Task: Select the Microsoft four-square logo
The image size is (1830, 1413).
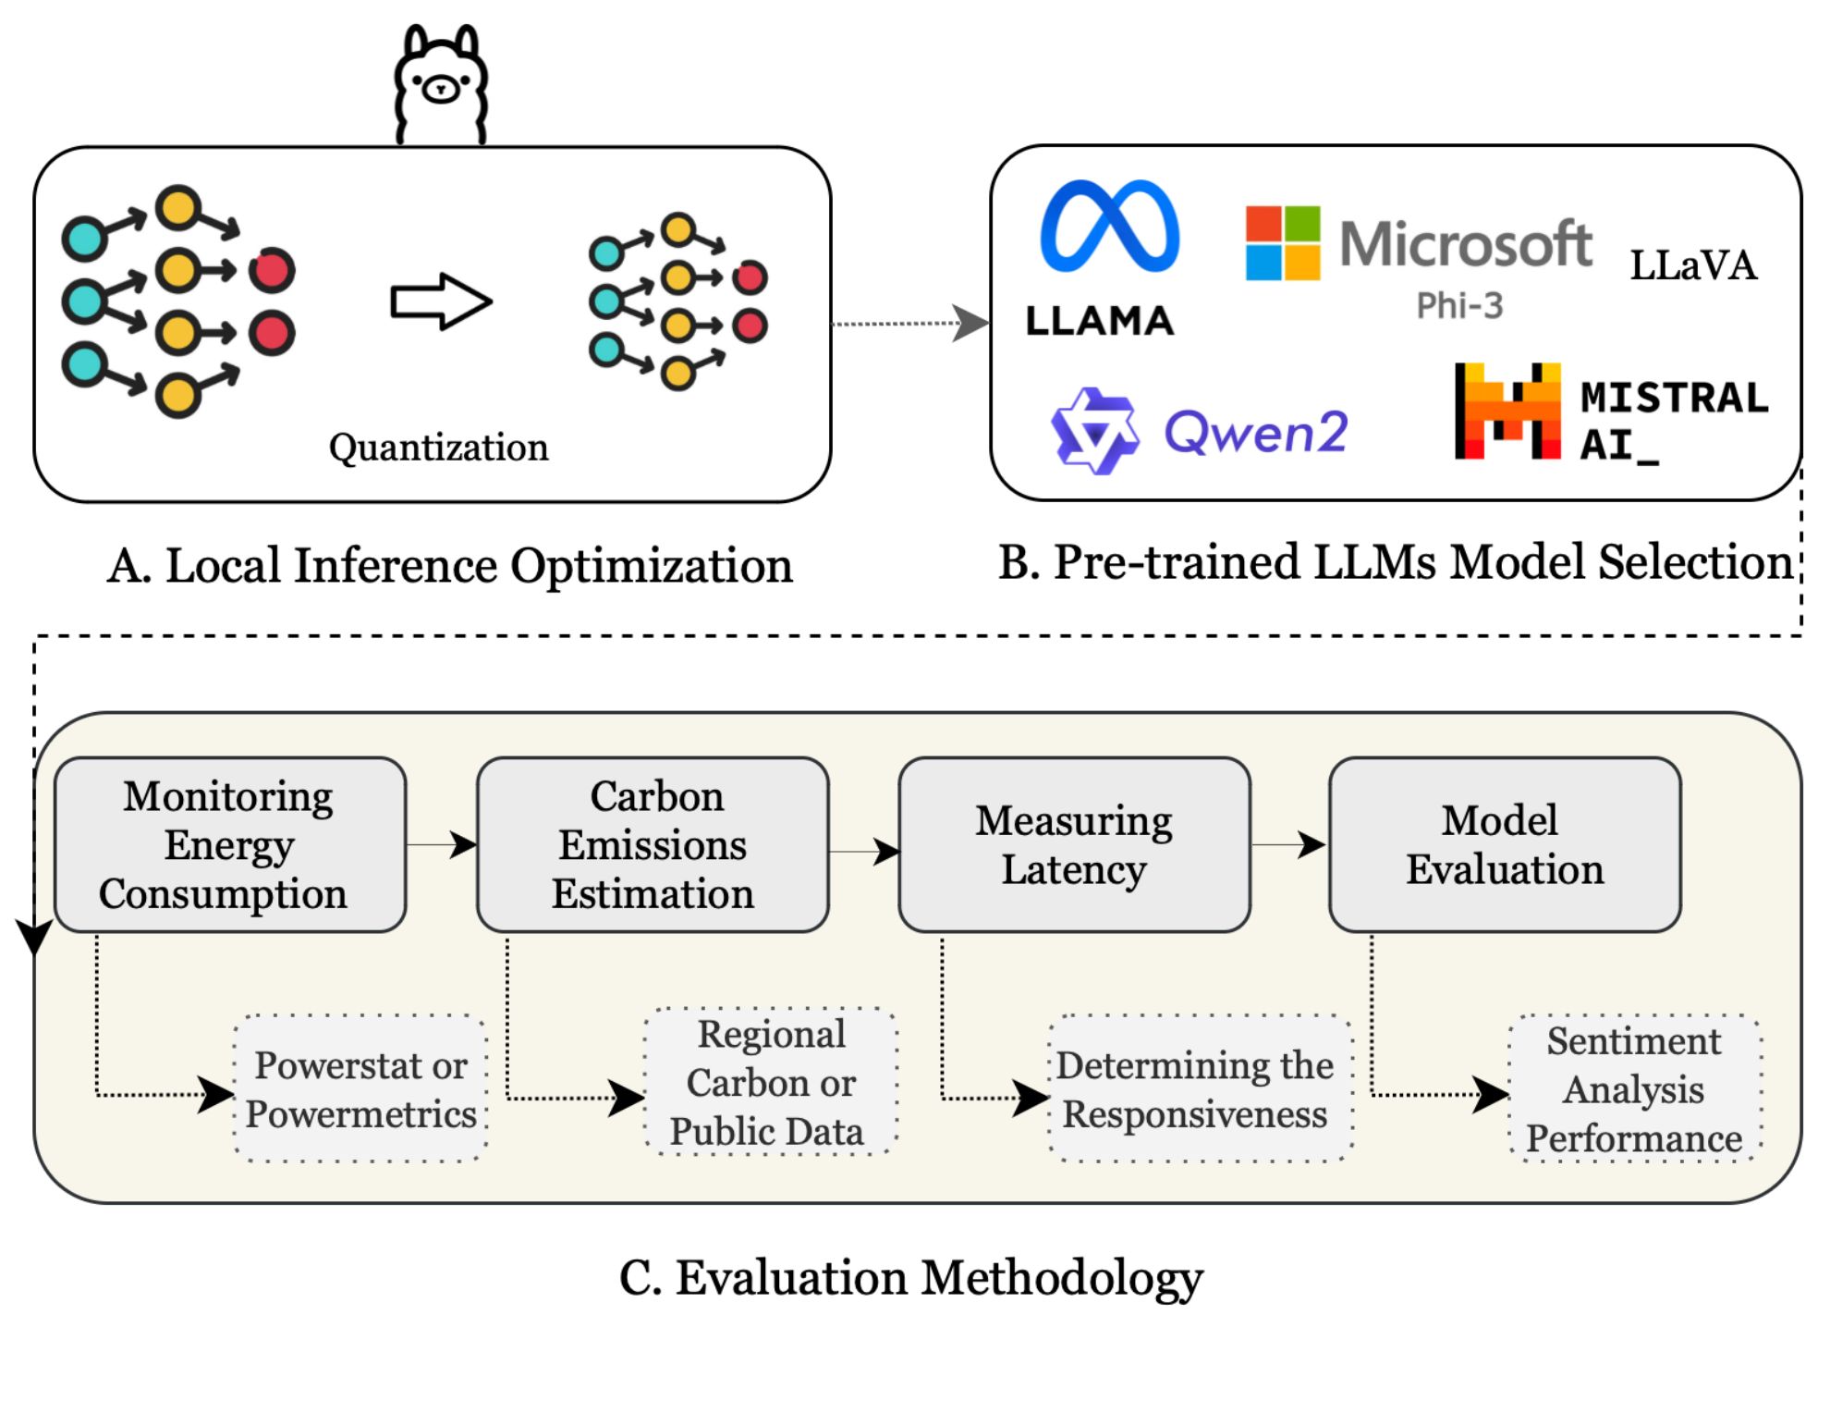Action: [1282, 242]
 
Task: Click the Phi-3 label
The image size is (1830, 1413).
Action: [1459, 305]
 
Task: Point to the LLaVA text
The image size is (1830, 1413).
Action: [1692, 265]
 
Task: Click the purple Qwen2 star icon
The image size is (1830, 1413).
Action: [1095, 431]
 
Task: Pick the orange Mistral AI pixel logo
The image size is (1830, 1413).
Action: [1507, 412]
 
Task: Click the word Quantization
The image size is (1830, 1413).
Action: [438, 448]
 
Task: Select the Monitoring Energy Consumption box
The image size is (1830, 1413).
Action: [230, 844]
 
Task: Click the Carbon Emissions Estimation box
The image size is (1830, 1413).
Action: [653, 844]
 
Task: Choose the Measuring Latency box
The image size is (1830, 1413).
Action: [1074, 844]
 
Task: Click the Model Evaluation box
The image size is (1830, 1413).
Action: [1505, 844]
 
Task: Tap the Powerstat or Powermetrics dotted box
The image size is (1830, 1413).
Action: [360, 1088]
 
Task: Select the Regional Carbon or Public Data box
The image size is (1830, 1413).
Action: [770, 1082]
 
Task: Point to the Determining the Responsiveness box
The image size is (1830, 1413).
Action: [1199, 1088]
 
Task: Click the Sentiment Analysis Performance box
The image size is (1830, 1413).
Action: [1634, 1088]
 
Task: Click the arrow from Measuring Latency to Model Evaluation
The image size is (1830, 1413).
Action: [1290, 844]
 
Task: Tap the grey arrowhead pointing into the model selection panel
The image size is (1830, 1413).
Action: [970, 324]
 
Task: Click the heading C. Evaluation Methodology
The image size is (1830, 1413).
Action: [911, 1278]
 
